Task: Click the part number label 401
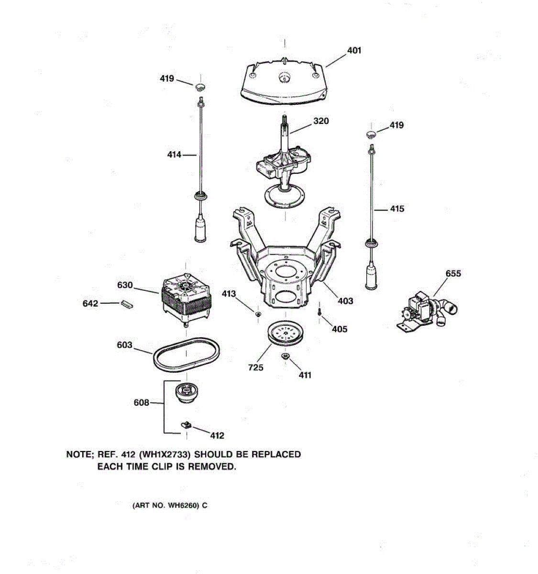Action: (354, 50)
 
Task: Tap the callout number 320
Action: (321, 121)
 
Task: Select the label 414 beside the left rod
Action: (174, 155)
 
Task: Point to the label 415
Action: (397, 209)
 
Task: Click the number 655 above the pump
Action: (453, 274)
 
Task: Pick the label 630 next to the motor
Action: (125, 285)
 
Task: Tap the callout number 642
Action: (90, 303)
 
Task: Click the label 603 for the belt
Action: (124, 345)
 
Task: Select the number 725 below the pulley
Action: (256, 368)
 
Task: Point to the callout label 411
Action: (305, 375)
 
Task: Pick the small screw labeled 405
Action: (319, 311)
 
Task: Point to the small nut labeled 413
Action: (257, 314)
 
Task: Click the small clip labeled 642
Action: (127, 304)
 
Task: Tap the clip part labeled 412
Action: (186, 424)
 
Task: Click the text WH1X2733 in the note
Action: (165, 454)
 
